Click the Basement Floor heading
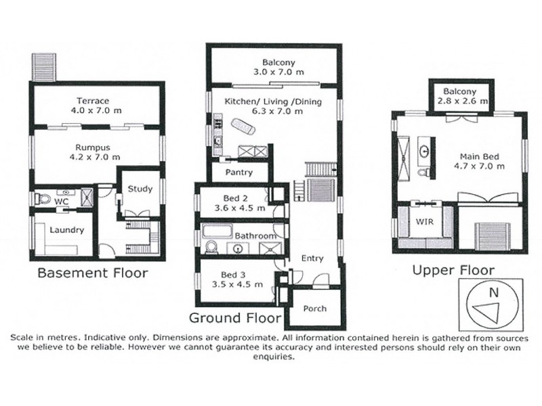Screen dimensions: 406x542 point(91,273)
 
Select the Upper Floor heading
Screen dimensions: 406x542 point(453,270)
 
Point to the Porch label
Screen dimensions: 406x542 point(314,309)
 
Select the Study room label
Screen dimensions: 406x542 point(140,189)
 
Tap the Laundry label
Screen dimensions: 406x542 point(66,230)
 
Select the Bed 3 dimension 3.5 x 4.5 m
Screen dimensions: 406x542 point(234,286)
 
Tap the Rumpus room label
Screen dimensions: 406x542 point(96,145)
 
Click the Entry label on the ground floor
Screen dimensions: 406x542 point(313,258)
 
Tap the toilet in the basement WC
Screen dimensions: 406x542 point(43,200)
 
